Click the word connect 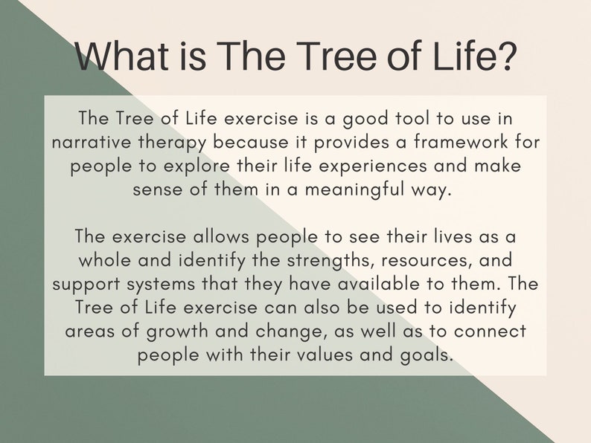[x=493, y=331]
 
